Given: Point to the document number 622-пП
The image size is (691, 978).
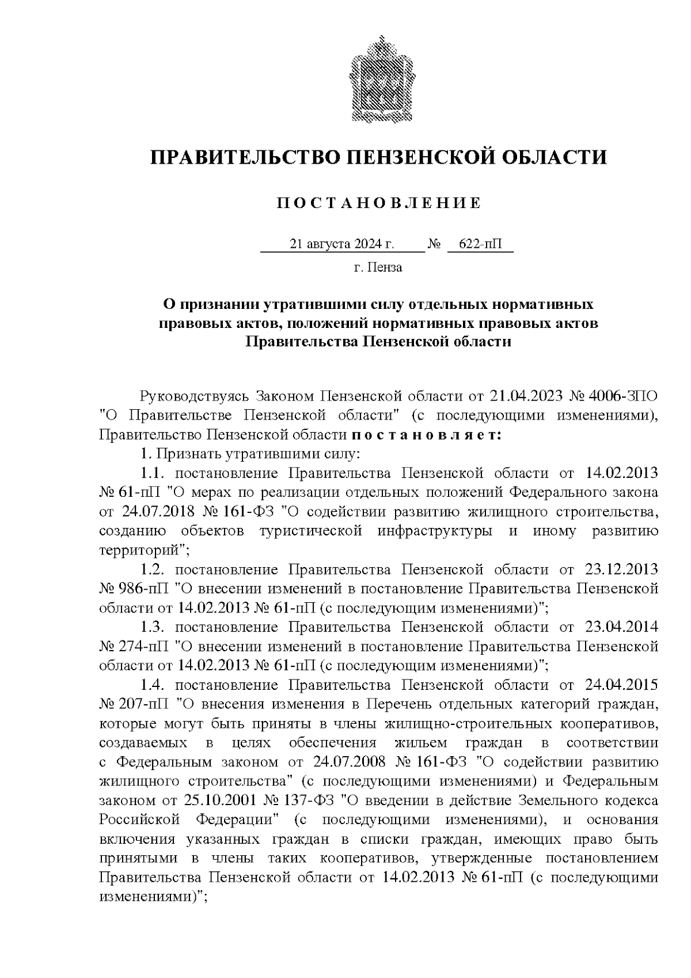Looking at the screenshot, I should tap(480, 244).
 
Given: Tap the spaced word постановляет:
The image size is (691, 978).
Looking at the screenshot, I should tap(426, 435).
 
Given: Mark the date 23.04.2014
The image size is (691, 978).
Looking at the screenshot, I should tap(621, 627).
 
